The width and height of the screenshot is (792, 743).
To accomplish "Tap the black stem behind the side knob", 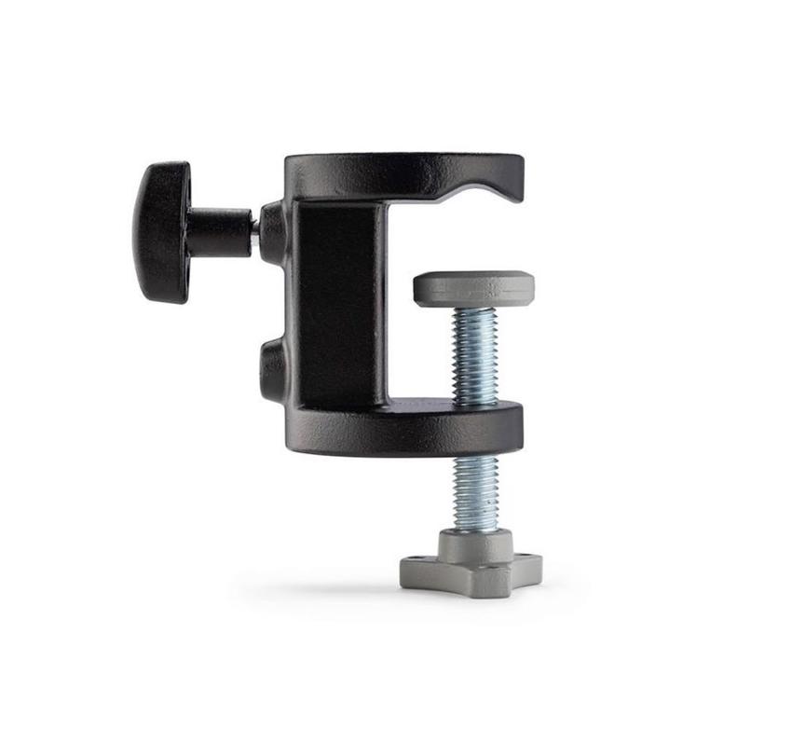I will [x=220, y=232].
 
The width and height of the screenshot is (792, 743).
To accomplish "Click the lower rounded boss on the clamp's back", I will [x=272, y=369].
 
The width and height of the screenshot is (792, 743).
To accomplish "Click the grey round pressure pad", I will [x=474, y=288].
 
